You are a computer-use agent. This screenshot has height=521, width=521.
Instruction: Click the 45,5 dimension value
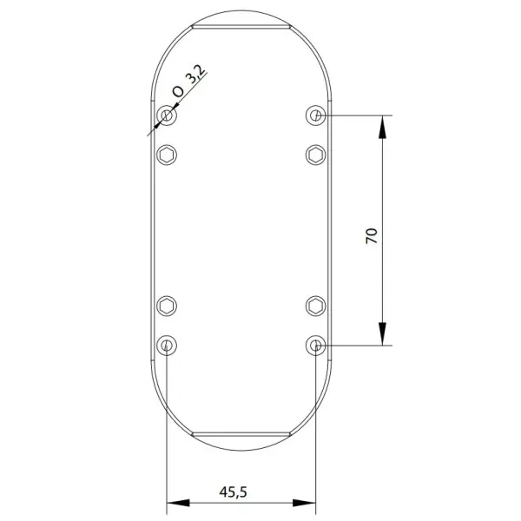(x=234, y=492)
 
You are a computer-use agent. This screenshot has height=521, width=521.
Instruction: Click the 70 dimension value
(x=372, y=236)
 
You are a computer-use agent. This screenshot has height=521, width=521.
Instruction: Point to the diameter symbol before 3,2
(x=178, y=91)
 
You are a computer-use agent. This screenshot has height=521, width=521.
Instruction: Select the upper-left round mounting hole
(x=167, y=115)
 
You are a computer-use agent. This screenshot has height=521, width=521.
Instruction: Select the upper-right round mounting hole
(x=316, y=115)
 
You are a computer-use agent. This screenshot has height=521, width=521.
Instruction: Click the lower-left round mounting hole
(x=167, y=346)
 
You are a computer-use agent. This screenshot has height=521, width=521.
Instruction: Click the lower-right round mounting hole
(x=316, y=346)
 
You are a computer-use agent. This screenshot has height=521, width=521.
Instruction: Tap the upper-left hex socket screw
(x=167, y=155)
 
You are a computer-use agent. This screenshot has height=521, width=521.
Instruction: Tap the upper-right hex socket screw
(x=316, y=155)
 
